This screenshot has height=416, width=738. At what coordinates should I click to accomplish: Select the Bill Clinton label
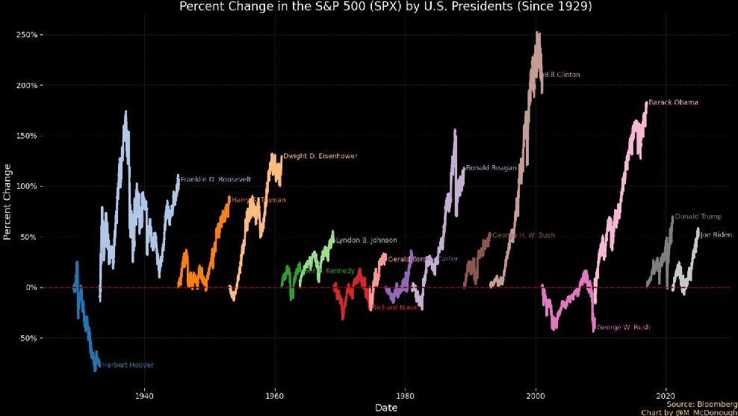[x=562, y=75]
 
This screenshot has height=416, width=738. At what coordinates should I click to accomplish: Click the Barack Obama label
[x=673, y=102]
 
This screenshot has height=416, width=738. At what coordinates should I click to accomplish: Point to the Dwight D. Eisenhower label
[x=320, y=156]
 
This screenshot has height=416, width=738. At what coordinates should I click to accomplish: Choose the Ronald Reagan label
[x=491, y=168]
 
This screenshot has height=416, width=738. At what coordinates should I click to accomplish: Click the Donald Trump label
[x=698, y=217]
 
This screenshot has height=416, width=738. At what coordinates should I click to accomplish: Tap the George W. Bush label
[x=624, y=327]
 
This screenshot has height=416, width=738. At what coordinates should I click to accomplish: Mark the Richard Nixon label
[x=396, y=307]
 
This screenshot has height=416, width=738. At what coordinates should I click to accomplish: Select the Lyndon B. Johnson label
[x=366, y=240]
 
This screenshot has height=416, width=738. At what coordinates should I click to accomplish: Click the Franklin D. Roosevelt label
[x=215, y=179]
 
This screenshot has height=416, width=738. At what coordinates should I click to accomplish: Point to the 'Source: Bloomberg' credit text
[x=701, y=404]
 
